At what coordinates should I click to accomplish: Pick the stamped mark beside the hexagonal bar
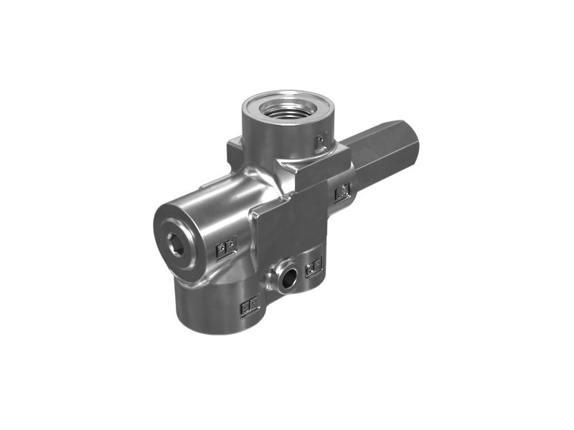pos(342,191)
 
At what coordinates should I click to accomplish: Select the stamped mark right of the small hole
pos(314,268)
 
